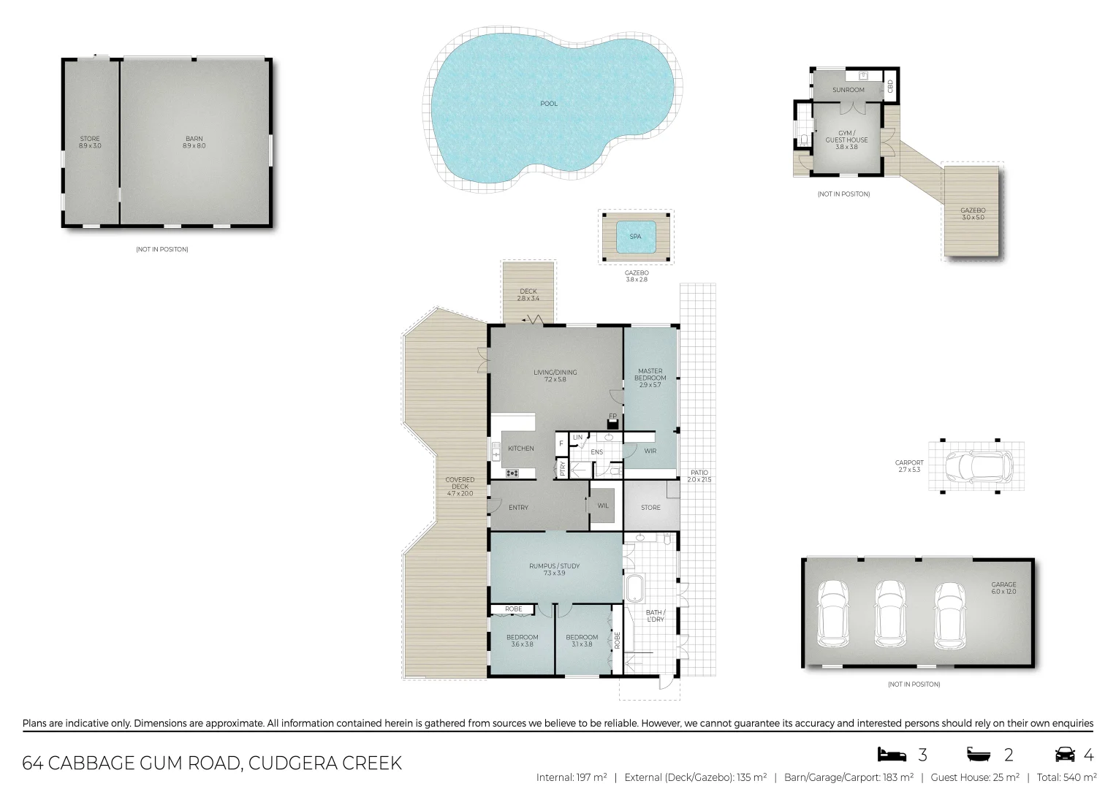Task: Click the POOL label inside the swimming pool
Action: (548, 104)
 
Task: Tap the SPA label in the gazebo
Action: (635, 237)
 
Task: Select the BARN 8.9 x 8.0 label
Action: (194, 142)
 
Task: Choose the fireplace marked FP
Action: (612, 422)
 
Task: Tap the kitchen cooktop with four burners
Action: (512, 473)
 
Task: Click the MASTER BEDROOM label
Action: (650, 378)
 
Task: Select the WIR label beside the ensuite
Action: (650, 451)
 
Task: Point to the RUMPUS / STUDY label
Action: (554, 569)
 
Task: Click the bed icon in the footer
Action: (892, 755)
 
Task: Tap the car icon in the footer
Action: (1065, 755)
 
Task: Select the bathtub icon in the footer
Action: (979, 755)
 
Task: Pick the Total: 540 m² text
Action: (1066, 777)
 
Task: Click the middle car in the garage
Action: (890, 614)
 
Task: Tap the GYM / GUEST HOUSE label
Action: (846, 140)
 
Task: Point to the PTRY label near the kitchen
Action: (562, 468)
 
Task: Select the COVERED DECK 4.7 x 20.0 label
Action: (460, 487)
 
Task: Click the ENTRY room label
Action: (518, 508)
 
